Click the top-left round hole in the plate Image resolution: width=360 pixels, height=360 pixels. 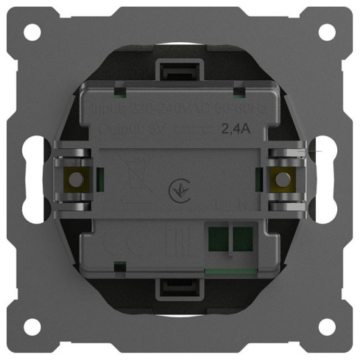point(33,33)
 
